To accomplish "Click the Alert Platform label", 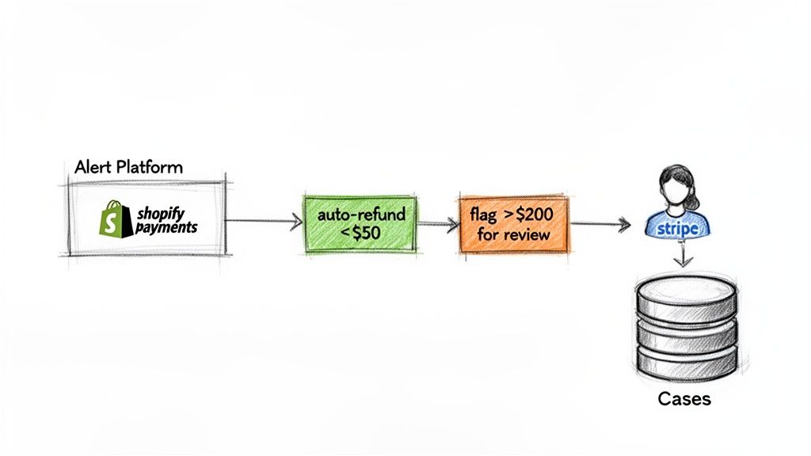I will pos(128,168).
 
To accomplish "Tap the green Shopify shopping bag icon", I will pos(110,217).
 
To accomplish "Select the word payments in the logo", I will pos(165,227).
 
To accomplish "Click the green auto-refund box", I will pos(360,222).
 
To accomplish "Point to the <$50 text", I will pos(360,234).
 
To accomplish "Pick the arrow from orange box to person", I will pos(600,224).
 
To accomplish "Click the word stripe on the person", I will pos(679,228).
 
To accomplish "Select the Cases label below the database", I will pos(684,399).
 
